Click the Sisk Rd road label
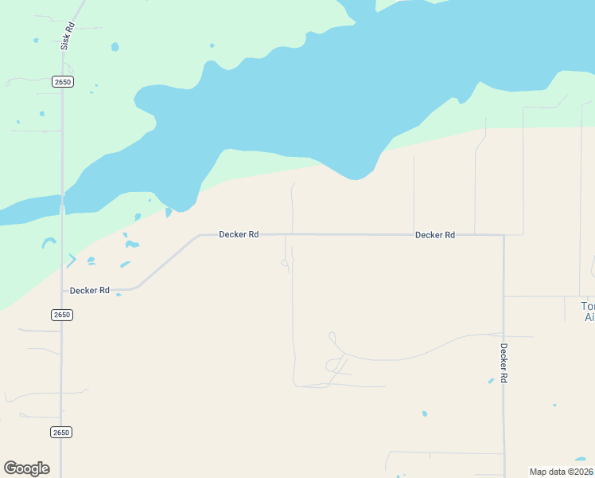tap(69, 37)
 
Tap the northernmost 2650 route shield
tap(63, 82)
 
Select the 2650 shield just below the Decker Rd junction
tap(62, 315)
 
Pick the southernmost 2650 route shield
tap(61, 432)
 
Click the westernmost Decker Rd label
tap(90, 291)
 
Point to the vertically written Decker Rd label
tap(504, 363)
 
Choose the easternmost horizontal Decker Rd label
tap(435, 235)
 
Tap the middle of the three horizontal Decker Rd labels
tap(239, 234)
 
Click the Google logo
tap(26, 468)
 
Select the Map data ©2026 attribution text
tap(561, 472)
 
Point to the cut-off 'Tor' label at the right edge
tap(588, 311)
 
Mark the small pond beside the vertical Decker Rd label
tap(491, 381)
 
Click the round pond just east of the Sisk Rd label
tap(115, 47)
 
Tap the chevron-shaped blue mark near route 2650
tap(72, 260)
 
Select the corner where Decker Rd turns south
tap(503, 236)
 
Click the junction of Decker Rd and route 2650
tap(62, 291)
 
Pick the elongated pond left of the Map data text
tap(581, 458)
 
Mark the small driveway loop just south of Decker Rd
tap(285, 264)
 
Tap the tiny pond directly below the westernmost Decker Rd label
tap(119, 295)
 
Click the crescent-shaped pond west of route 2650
tap(49, 241)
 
